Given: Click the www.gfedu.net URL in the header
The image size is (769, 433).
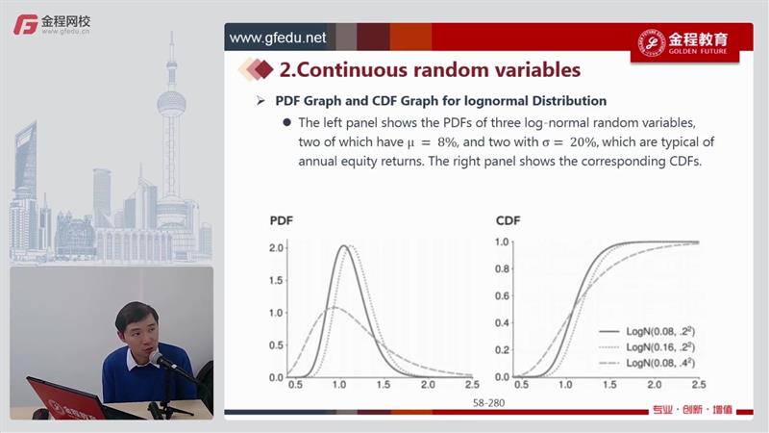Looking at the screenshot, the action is (x=278, y=38).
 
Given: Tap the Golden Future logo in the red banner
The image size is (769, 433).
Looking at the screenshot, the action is (x=683, y=43).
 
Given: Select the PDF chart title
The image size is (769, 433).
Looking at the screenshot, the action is (x=281, y=221).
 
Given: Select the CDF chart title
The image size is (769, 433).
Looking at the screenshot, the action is (x=509, y=221).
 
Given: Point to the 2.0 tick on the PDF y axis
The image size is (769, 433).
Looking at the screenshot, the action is (x=276, y=248).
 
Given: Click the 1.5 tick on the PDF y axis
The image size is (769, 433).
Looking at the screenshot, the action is (x=276, y=280).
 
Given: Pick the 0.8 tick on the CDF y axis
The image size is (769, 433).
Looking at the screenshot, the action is (x=502, y=269).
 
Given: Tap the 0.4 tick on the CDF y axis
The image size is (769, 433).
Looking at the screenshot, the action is (x=502, y=323).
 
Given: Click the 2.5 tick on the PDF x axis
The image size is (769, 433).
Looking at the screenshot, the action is (x=472, y=384).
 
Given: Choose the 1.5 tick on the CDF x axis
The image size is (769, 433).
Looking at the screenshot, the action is (x=609, y=384).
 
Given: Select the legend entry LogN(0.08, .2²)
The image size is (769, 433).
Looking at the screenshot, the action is (x=647, y=331).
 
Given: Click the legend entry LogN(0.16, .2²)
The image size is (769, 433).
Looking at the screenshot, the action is (x=647, y=347).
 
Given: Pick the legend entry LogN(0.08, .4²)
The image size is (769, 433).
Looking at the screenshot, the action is (x=647, y=363).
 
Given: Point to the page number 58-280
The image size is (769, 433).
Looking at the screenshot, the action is (x=488, y=403).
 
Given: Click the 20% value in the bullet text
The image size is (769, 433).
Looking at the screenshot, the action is (x=583, y=142).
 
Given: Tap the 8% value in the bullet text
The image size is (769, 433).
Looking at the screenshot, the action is (x=447, y=142).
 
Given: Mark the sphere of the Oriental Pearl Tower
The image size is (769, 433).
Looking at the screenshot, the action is (x=171, y=103).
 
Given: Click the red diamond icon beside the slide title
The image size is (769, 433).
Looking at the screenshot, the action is (x=263, y=69).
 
